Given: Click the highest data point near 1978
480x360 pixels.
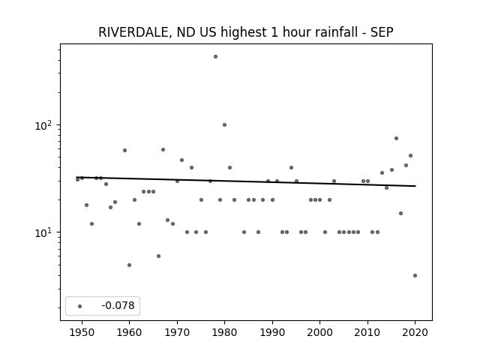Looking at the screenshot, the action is [x=215, y=57].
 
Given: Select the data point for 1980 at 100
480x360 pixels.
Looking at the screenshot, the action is [x=224, y=125].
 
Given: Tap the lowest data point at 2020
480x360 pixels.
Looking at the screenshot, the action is [x=415, y=275].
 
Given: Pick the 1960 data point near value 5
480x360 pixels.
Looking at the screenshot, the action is [x=129, y=265].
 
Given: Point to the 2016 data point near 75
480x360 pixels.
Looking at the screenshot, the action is [x=396, y=138].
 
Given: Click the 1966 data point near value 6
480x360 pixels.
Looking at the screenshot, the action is [x=158, y=256].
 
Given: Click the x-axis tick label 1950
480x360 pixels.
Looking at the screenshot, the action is [x=82, y=332].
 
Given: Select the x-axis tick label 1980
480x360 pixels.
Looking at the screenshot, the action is [x=224, y=332].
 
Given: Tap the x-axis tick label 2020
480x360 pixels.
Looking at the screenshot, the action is [x=415, y=332].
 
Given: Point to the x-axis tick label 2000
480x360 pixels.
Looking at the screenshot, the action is [x=320, y=332].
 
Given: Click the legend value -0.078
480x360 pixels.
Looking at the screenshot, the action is [x=118, y=305].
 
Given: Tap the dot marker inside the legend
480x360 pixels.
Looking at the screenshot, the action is [x=79, y=306].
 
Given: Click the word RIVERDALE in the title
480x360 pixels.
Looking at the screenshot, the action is [x=133, y=32].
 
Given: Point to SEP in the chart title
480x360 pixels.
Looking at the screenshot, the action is [x=382, y=32].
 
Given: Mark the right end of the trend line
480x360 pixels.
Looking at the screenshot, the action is [x=415, y=186].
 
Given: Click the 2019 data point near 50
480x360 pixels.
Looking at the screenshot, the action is [x=410, y=155].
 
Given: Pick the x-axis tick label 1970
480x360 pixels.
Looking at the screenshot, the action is [x=177, y=332].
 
